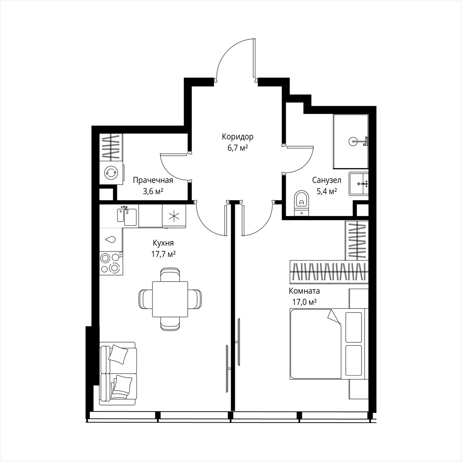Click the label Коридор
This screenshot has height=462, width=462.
pyautogui.click(x=237, y=137)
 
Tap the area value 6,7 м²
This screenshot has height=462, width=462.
pyautogui.click(x=237, y=148)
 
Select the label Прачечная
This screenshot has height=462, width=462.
pyautogui.click(x=153, y=180)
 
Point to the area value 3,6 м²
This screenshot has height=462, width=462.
pyautogui.click(x=153, y=191)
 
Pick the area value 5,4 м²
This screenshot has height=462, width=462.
pyautogui.click(x=326, y=191)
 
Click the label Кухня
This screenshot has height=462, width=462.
pyautogui.click(x=163, y=243)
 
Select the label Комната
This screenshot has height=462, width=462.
pyautogui.click(x=304, y=291)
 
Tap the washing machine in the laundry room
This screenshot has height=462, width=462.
pyautogui.click(x=111, y=172)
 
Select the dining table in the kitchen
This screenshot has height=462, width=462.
pyautogui.click(x=170, y=299)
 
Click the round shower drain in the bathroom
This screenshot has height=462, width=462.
pyautogui.click(x=353, y=140)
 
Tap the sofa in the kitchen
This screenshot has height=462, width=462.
pyautogui.click(x=118, y=373)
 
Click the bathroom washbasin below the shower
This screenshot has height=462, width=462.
pyautogui.click(x=358, y=184)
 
